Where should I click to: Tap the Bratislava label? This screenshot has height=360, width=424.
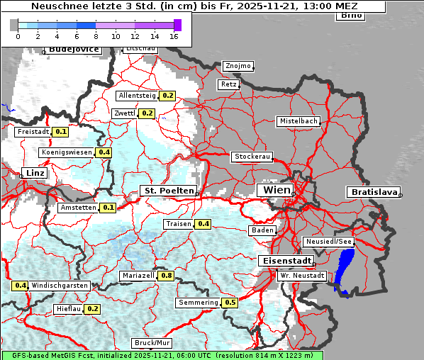[373, 192]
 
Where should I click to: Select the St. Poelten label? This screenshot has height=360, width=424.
[168, 191]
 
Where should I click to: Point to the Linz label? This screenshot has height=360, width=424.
[34, 173]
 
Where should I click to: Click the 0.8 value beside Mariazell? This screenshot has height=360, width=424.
[167, 275]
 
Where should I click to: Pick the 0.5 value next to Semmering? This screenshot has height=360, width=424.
[230, 303]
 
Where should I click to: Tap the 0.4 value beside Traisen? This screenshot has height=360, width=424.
[203, 224]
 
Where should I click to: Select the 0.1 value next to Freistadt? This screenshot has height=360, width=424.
[61, 131]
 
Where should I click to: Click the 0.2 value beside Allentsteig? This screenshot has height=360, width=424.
[168, 95]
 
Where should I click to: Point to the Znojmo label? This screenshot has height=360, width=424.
[238, 66]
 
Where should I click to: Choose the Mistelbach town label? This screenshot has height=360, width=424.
[298, 121]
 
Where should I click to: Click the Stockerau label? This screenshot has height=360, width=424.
[252, 157]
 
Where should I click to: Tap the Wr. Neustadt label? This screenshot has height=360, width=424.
[302, 275]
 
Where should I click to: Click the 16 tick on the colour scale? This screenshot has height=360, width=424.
[174, 35]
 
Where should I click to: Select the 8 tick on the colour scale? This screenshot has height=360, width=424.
[96, 35]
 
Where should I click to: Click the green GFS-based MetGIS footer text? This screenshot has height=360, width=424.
[162, 355]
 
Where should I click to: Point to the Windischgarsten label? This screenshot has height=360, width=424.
[60, 286]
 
